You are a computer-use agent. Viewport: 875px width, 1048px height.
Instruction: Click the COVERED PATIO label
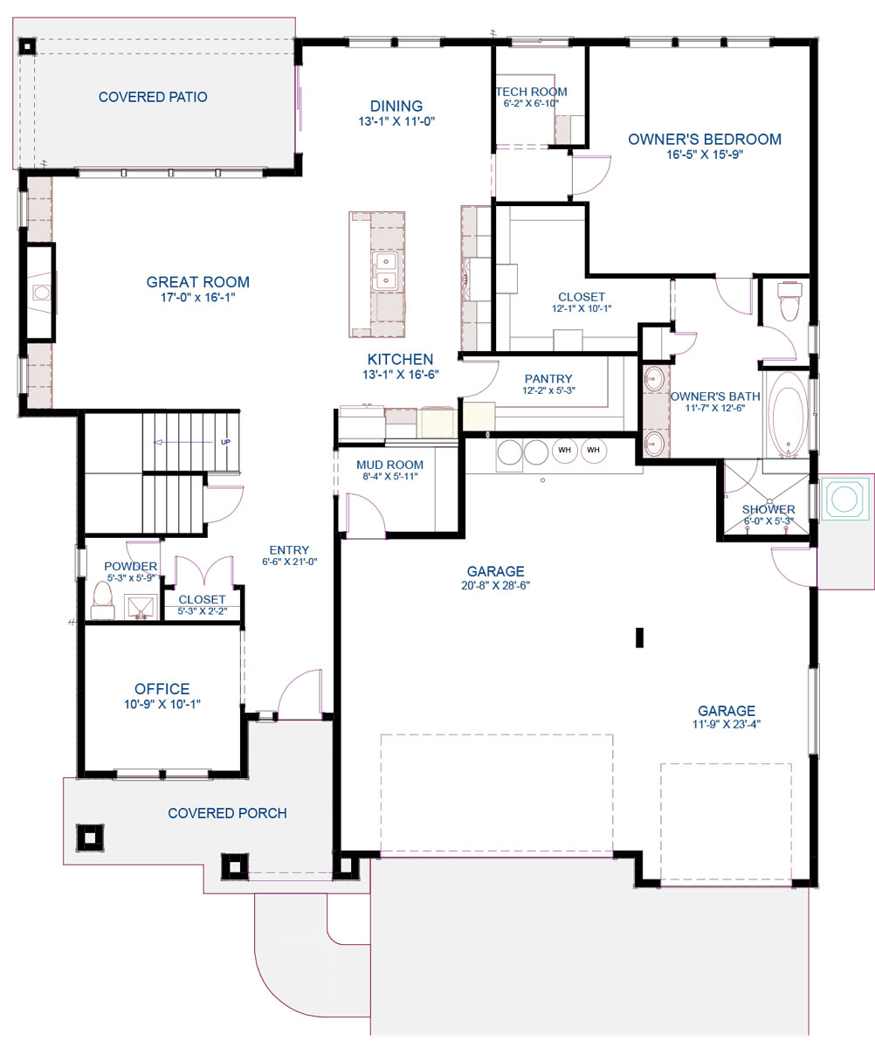point(153,97)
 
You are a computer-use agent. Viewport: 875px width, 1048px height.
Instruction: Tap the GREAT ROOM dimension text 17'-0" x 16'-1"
point(197,297)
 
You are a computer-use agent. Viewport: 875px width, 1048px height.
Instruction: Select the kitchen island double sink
point(385,271)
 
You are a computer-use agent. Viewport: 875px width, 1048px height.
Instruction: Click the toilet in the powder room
point(102,600)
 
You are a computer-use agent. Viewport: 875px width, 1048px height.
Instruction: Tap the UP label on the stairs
point(225,442)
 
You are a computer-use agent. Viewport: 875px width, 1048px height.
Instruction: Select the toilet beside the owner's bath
point(789,300)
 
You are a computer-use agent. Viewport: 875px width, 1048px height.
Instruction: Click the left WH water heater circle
point(564,451)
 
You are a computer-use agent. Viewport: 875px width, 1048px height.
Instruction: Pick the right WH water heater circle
point(593,451)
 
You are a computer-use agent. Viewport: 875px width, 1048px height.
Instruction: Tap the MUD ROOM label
point(389,465)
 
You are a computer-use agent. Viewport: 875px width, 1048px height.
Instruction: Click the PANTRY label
point(548,379)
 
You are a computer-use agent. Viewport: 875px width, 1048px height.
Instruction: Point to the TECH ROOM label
point(532,92)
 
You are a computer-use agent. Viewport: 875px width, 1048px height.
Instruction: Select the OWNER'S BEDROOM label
point(705,139)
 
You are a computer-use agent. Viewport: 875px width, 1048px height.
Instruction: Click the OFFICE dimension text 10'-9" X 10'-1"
point(162,704)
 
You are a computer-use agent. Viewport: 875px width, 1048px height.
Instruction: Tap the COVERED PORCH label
point(227,813)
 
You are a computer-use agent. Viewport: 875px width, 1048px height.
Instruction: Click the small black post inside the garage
point(639,638)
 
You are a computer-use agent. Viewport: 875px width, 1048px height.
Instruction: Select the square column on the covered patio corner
point(28,46)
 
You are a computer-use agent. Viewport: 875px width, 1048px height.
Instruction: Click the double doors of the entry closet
point(203,571)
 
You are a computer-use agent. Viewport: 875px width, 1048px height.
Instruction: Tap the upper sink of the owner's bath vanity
point(653,378)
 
